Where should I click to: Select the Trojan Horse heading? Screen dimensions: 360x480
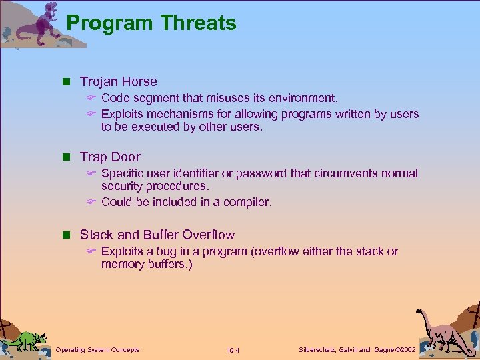point(118,82)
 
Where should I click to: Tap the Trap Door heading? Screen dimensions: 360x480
point(110,157)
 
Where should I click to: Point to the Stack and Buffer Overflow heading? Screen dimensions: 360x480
point(157,235)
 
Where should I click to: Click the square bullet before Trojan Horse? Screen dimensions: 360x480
point(66,82)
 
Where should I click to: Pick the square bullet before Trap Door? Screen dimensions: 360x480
point(66,157)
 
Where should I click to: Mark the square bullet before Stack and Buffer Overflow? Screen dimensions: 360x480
point(66,235)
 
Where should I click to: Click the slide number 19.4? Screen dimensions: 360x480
point(233,350)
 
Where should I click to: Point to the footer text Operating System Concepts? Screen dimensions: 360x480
point(97,349)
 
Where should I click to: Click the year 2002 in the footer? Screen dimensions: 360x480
point(406,349)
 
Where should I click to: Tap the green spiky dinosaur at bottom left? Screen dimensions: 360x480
point(25,339)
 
